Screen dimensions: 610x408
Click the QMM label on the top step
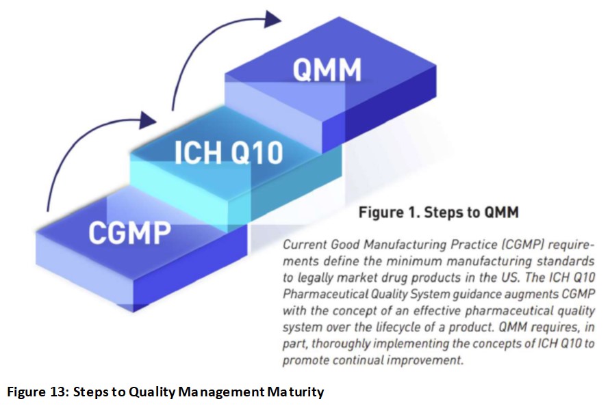[x=327, y=70]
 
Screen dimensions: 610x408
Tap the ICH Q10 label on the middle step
[x=229, y=152]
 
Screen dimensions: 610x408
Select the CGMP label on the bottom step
[x=129, y=232]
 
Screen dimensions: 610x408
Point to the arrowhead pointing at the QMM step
[x=272, y=19]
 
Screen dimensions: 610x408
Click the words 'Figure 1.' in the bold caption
[x=389, y=213]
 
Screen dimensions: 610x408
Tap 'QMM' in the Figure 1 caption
[x=501, y=213]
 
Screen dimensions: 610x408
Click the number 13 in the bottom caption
[x=58, y=392]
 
